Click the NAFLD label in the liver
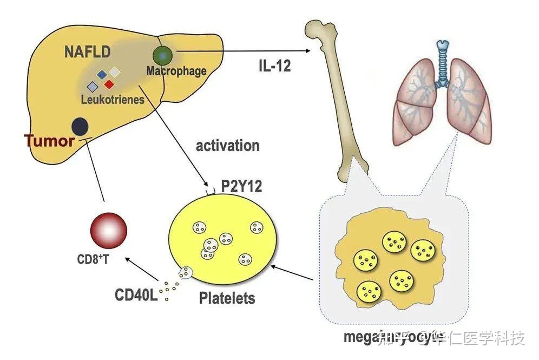coord(87,52)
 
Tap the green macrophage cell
coord(163,55)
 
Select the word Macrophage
coord(176,71)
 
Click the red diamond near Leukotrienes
coord(109,84)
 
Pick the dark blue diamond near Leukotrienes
coord(101,74)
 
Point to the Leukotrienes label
coord(113,100)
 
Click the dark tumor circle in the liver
coord(80,126)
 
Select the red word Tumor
coord(49,142)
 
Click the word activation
coord(227,146)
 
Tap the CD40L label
coord(136,296)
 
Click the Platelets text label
coord(227,298)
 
